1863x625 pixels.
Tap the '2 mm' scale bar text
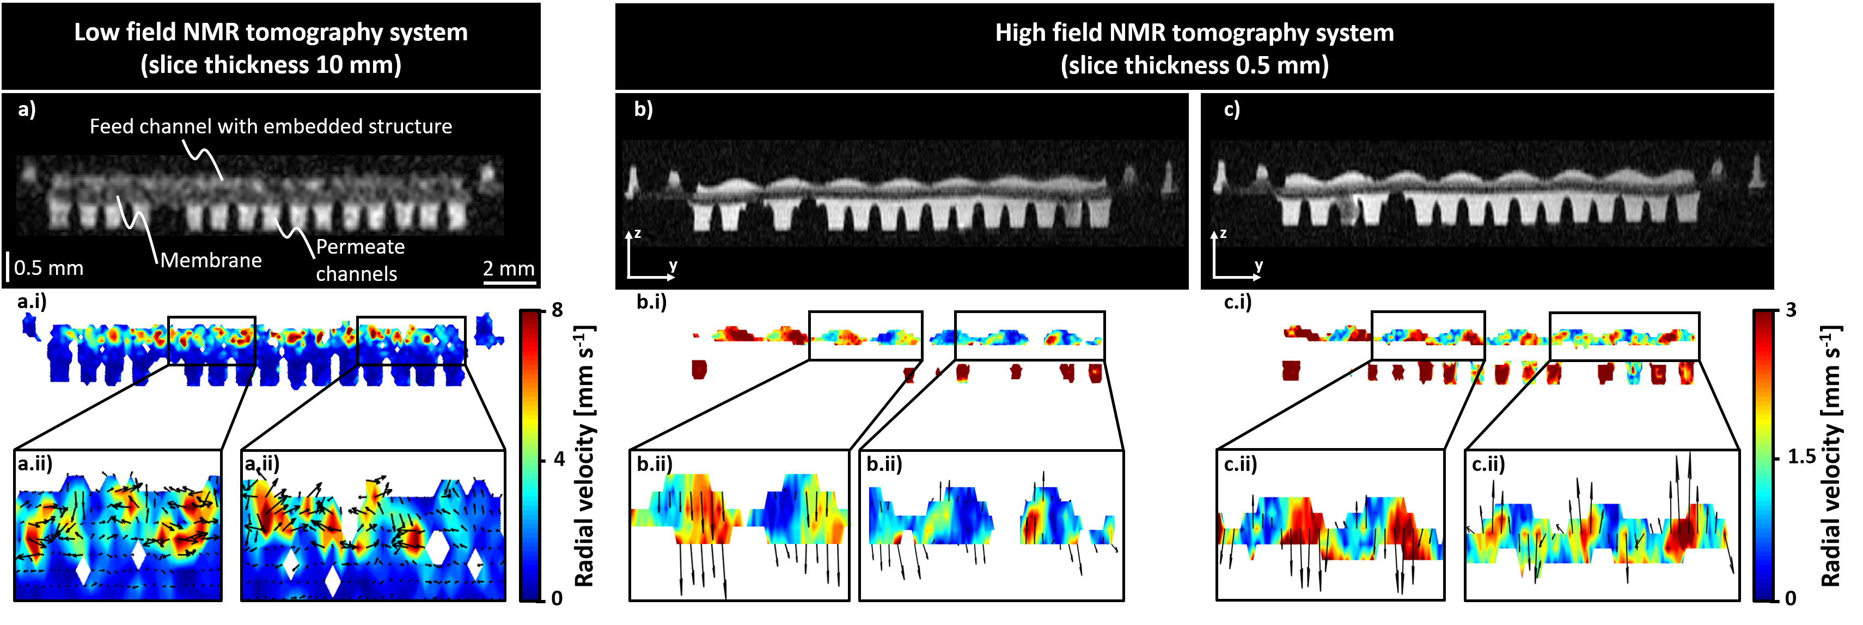click(x=509, y=268)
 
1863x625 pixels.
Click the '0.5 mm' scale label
click(x=48, y=268)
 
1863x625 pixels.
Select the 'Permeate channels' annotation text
click(x=359, y=260)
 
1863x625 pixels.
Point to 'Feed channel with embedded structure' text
click(x=271, y=127)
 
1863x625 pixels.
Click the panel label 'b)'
click(x=643, y=109)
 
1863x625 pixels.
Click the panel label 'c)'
click(x=1231, y=109)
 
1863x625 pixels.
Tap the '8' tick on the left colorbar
click(x=557, y=310)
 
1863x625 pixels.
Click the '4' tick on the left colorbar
click(x=558, y=458)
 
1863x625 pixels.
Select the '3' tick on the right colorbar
click(x=1791, y=310)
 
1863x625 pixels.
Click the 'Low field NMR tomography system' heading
click(x=271, y=33)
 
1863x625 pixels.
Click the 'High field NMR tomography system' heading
click(x=1194, y=33)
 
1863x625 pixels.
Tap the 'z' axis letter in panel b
click(x=637, y=234)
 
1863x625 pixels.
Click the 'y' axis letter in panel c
click(x=1259, y=266)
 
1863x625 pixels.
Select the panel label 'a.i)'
click(x=32, y=302)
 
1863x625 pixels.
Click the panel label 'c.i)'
click(x=1237, y=302)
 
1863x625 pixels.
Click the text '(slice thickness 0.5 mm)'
click(x=1194, y=66)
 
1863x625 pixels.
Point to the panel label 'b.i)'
click(x=651, y=302)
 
